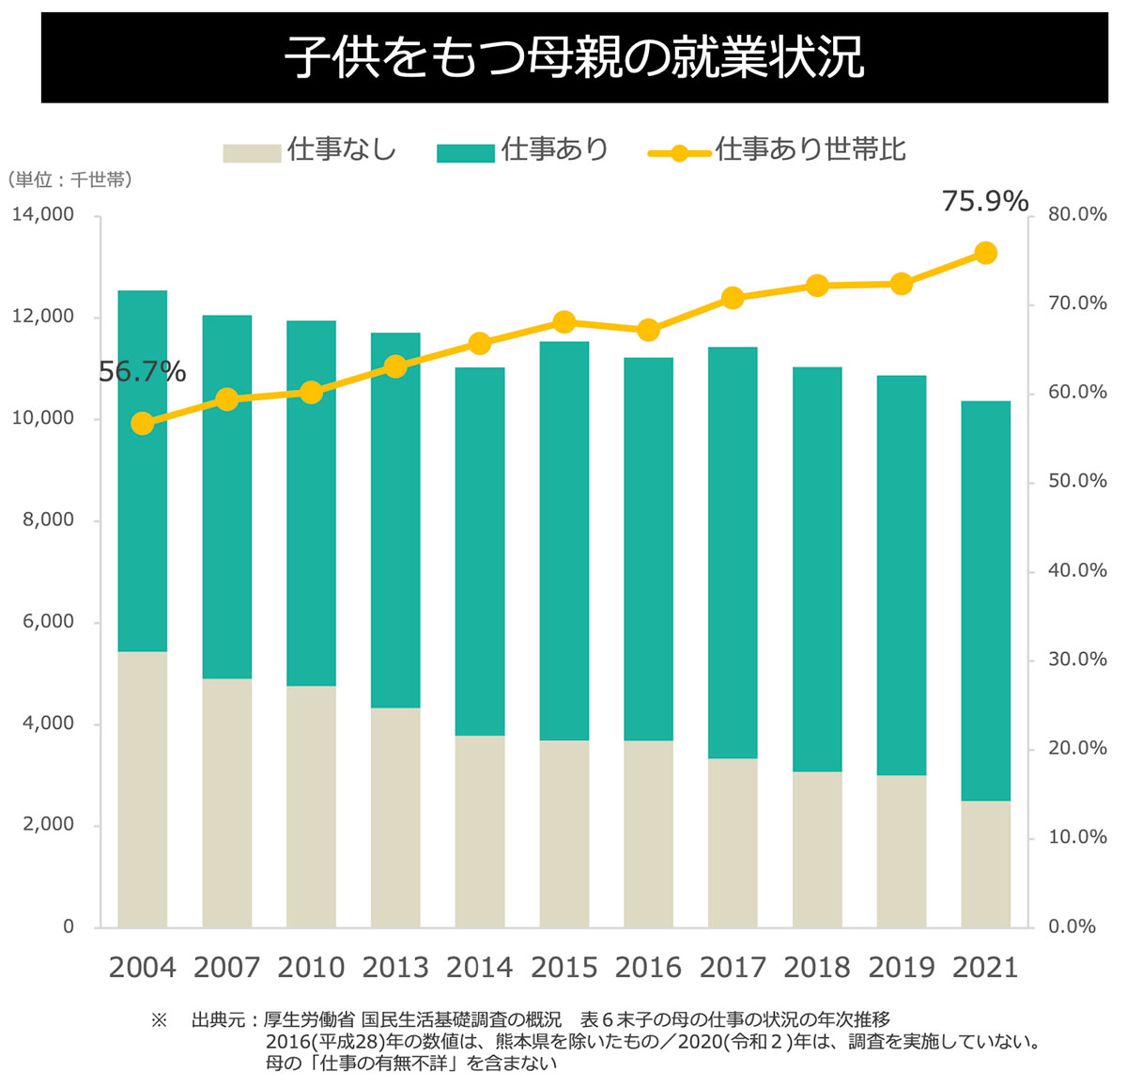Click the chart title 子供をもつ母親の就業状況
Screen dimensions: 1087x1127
click(574, 56)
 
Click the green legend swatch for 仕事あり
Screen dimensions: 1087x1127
click(465, 152)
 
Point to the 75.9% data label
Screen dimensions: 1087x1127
click(984, 202)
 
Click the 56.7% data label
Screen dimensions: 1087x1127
click(142, 373)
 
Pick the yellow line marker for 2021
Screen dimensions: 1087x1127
click(985, 253)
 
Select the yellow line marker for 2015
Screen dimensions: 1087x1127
click(563, 322)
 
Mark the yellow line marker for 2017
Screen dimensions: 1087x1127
click(733, 299)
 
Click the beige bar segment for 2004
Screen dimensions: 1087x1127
click(143, 789)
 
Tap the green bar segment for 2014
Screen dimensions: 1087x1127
click(480, 551)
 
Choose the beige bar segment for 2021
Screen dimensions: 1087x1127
click(985, 863)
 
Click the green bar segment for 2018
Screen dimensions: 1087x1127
click(817, 569)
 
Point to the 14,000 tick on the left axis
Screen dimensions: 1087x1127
click(43, 215)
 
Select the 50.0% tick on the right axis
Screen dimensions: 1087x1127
click(1077, 481)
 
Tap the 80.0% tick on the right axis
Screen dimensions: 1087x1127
click(1077, 214)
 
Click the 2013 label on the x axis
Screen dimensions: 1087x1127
click(395, 967)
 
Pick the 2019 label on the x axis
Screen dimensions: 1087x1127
click(902, 967)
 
